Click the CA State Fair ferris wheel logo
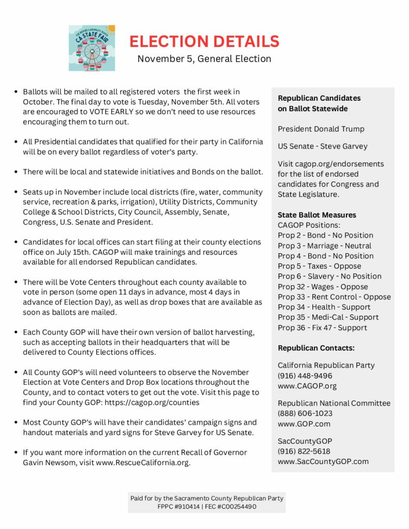(92, 48)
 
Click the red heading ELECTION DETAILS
(204, 41)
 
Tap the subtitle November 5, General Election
(204, 58)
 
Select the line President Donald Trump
(321, 129)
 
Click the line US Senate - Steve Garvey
(322, 146)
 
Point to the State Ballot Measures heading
(316, 214)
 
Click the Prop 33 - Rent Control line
(334, 297)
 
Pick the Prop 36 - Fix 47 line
(322, 328)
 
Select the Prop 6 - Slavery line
(329, 276)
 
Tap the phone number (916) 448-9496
(305, 376)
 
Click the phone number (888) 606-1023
(305, 413)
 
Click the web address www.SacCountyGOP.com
(323, 461)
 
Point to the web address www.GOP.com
(304, 424)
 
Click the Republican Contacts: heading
(316, 348)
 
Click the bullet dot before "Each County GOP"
(16, 332)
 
